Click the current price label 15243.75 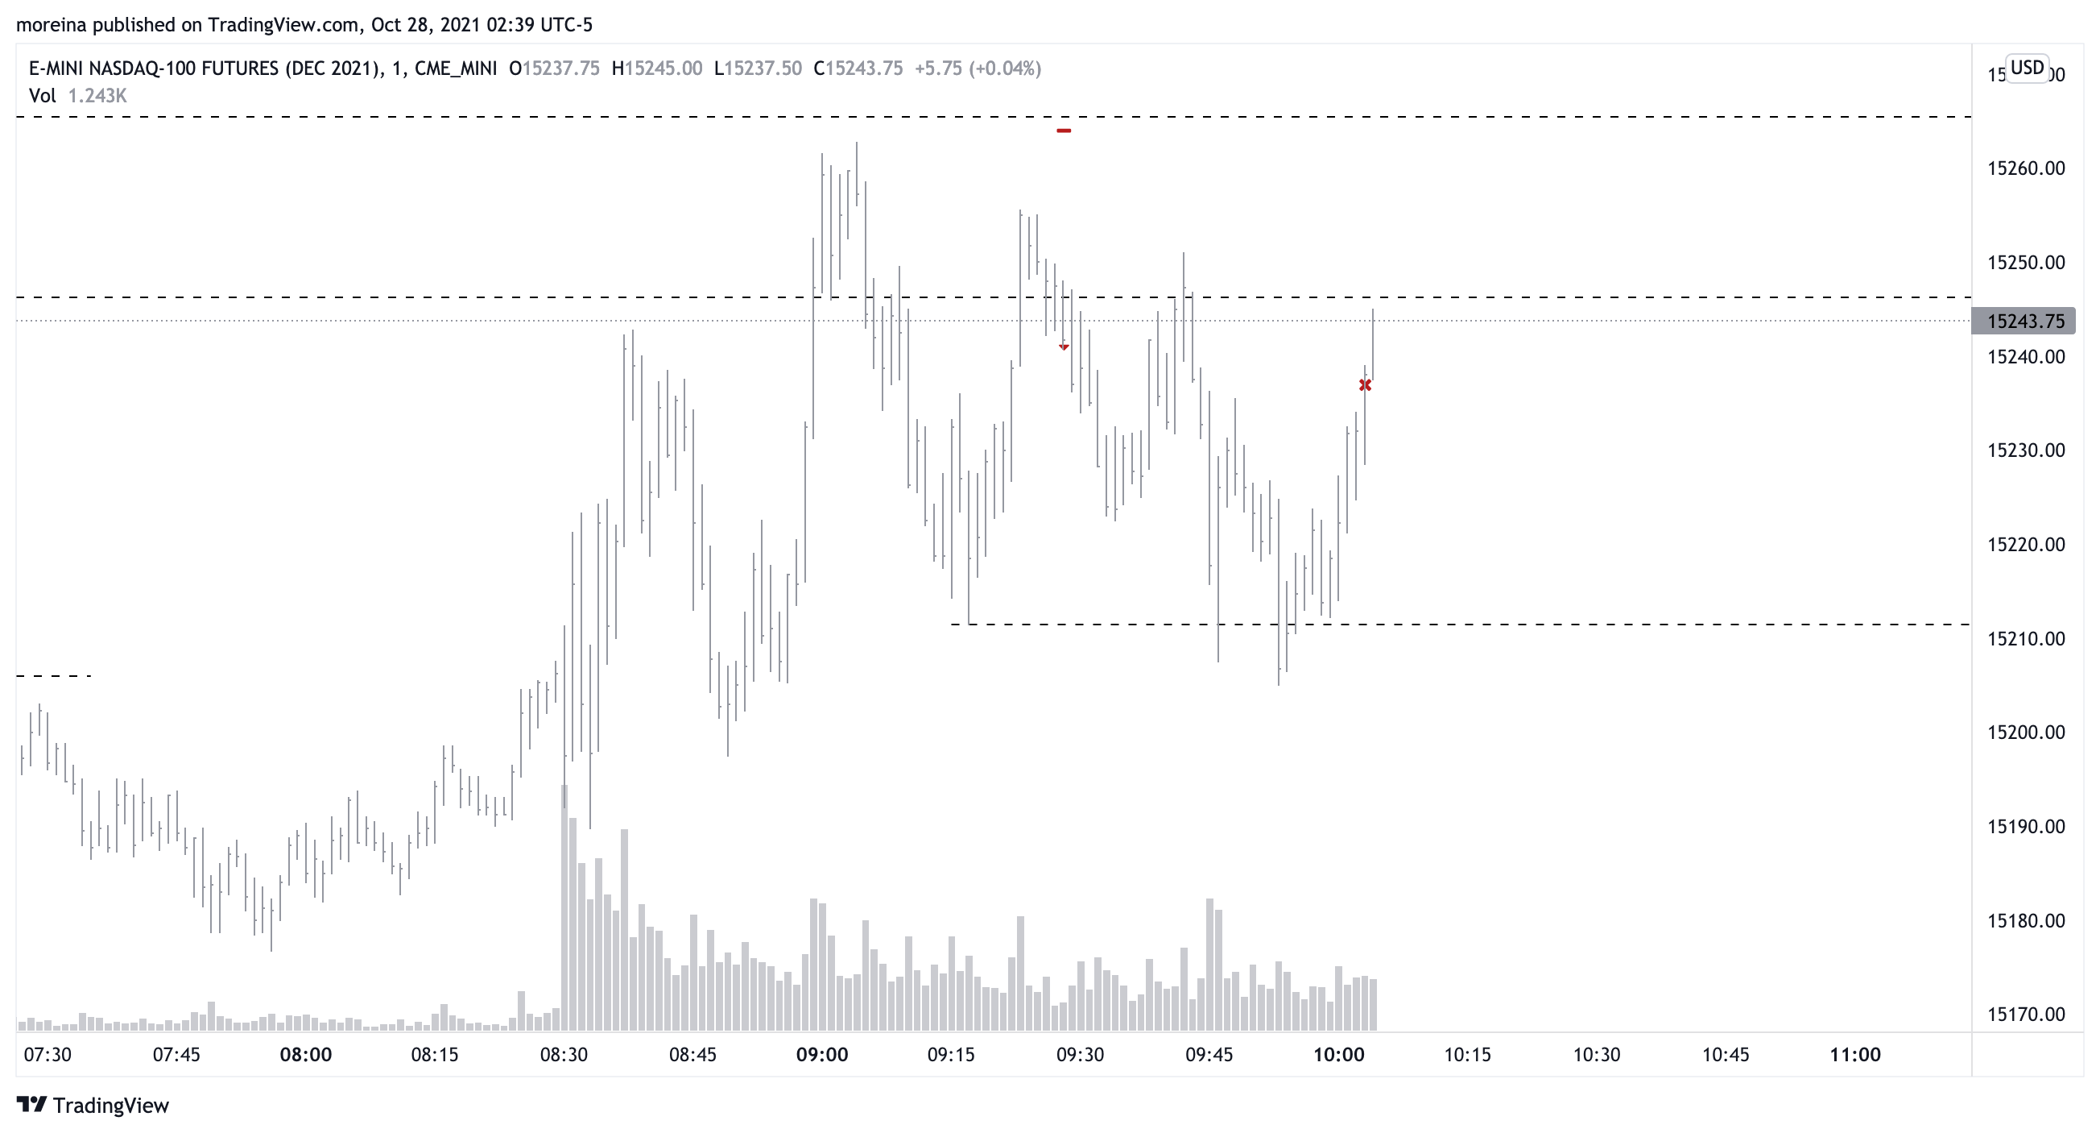pos(2025,322)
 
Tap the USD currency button pos(2027,68)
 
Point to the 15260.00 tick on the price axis pos(2026,169)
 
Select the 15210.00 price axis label pos(2026,639)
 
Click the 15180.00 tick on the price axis pos(2026,921)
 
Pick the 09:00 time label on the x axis pos(822,1055)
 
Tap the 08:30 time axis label pos(564,1055)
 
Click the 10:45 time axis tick pos(1725,1055)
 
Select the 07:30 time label pos(48,1055)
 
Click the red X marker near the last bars pos(1366,385)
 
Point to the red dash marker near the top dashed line pos(1064,131)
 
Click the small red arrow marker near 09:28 pos(1064,347)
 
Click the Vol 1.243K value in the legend pos(97,96)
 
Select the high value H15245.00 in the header pos(657,68)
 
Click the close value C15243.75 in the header pos(858,68)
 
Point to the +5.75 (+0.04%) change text pos(978,68)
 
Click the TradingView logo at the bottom pos(93,1106)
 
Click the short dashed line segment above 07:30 pos(54,676)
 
